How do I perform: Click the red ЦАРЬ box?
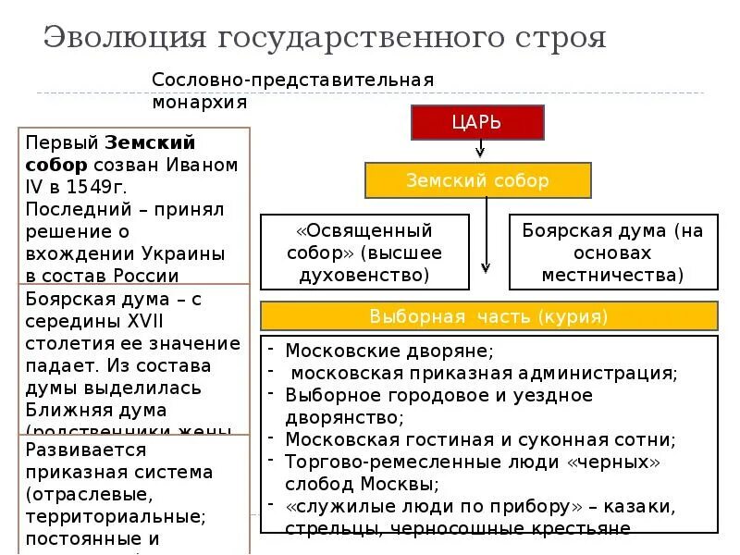477,122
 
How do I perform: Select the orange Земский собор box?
477,180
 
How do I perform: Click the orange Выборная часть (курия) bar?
489,316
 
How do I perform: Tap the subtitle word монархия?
201,103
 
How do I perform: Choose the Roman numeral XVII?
135,320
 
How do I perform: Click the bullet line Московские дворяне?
388,351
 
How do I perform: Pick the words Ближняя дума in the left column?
96,410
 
